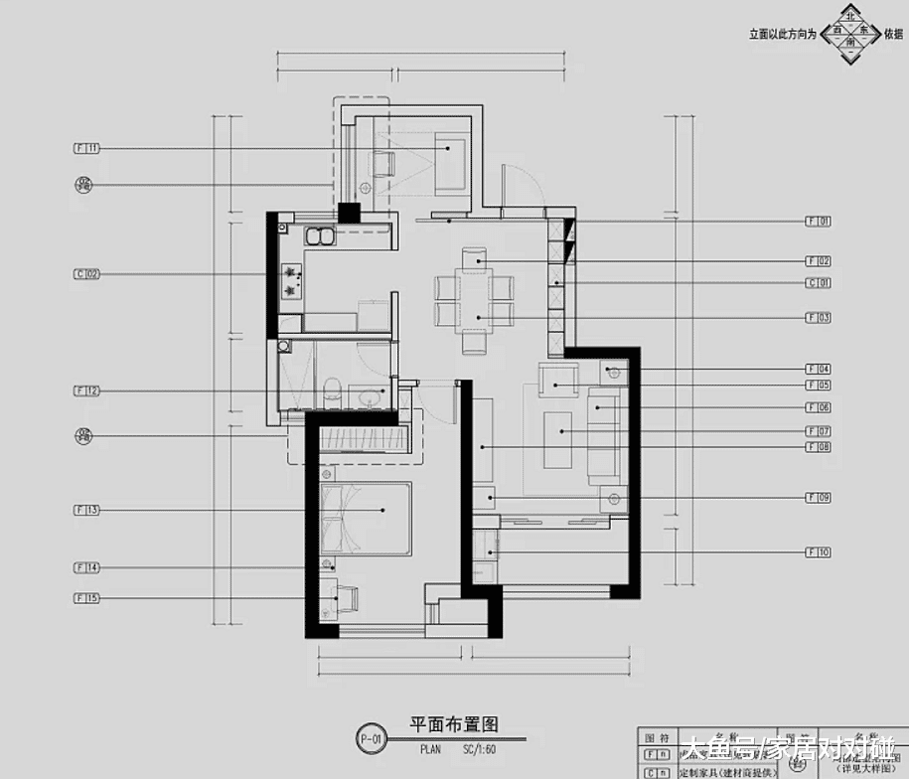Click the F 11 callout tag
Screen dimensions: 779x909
click(87, 148)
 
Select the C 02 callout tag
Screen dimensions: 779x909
click(87, 273)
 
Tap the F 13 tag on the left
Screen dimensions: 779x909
click(87, 510)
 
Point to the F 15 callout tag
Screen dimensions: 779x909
click(87, 598)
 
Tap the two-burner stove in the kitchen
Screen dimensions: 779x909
click(292, 279)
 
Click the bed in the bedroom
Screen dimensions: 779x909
click(365, 518)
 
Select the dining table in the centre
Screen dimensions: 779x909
click(477, 290)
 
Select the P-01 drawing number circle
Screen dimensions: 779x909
click(371, 738)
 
